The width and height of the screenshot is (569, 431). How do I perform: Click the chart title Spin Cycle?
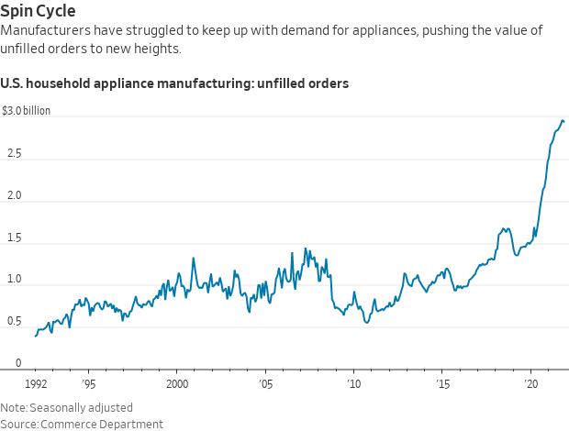pyautogui.click(x=39, y=11)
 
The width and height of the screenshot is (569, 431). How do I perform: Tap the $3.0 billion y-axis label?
pyautogui.click(x=26, y=111)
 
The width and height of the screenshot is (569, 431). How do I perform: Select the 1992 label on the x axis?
pyautogui.click(x=36, y=383)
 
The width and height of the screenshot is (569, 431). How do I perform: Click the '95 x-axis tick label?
pyautogui.click(x=88, y=383)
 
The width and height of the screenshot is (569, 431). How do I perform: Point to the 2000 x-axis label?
pyautogui.click(x=177, y=383)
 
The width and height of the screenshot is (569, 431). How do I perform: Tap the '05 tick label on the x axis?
pyautogui.click(x=265, y=383)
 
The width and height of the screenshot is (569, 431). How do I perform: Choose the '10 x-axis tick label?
pyautogui.click(x=353, y=383)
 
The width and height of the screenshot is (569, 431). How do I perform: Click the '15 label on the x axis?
pyautogui.click(x=441, y=383)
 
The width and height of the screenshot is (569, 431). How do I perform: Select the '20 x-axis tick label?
pyautogui.click(x=530, y=383)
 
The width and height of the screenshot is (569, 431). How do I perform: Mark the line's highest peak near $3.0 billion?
pyautogui.click(x=563, y=121)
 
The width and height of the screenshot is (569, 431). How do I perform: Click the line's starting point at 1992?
pyautogui.click(x=36, y=336)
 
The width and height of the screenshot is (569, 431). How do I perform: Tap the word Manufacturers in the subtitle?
pyautogui.click(x=46, y=30)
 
